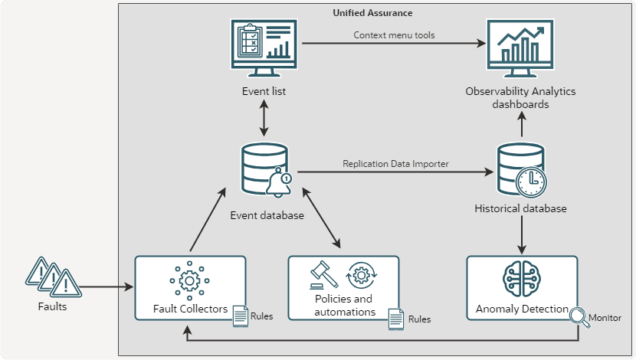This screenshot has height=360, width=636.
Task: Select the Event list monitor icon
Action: [264, 48]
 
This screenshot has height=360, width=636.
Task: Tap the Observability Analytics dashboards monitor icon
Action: [520, 48]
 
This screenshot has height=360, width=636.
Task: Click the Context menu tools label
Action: [394, 35]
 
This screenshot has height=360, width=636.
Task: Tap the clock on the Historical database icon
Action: [530, 181]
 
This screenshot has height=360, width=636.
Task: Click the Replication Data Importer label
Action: [395, 163]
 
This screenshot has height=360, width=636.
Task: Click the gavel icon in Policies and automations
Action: [323, 273]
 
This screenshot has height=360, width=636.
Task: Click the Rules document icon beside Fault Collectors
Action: [240, 316]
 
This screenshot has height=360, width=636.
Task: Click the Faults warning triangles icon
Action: [52, 277]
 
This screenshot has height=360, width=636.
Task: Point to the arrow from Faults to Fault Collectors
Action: [107, 287]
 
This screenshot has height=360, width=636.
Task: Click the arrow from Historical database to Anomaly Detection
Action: [522, 234]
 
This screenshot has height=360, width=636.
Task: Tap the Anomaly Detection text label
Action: [522, 309]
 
